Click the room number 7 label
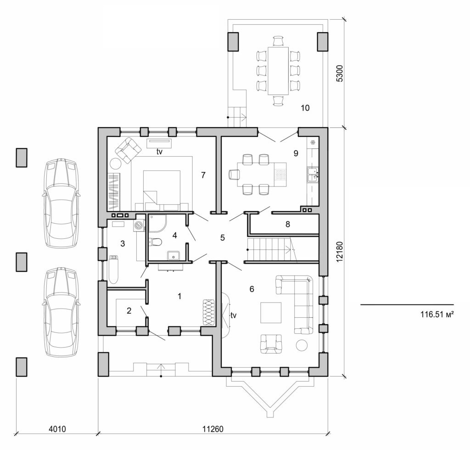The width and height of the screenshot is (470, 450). click(203, 175)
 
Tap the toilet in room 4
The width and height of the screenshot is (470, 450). click(157, 242)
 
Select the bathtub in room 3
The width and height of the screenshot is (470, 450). click(113, 270)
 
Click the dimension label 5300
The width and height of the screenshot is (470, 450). click(340, 73)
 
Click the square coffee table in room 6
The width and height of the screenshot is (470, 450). click(271, 313)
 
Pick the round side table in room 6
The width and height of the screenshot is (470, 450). click(302, 345)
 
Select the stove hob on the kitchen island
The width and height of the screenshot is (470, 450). click(280, 174)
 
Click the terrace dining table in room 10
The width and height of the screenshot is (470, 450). click(278, 70)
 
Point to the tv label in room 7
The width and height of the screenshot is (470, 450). click(159, 152)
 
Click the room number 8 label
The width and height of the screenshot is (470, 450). click(288, 225)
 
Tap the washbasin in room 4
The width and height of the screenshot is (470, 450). click(173, 255)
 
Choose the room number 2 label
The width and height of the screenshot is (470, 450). click(129, 311)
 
